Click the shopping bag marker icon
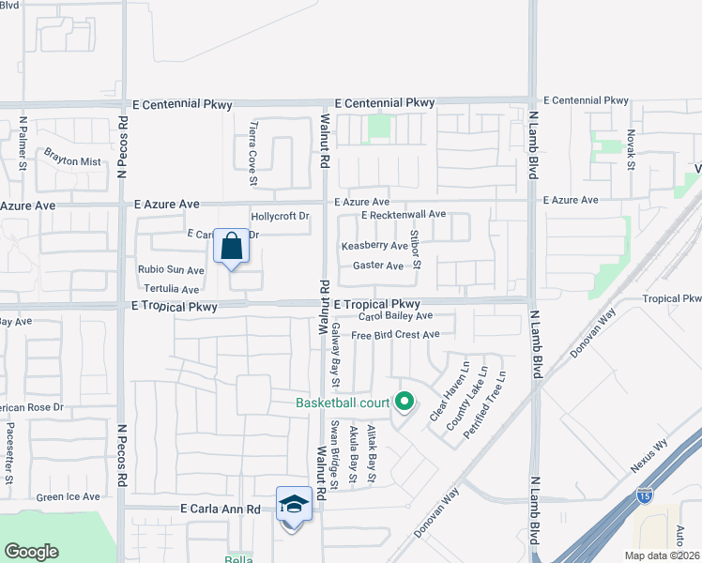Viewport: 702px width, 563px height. pos(232,247)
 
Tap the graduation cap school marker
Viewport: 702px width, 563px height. pos(294,505)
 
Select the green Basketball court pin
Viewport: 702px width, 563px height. pos(404,402)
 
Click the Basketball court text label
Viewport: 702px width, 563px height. pos(343,403)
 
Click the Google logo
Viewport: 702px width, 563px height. pos(31,552)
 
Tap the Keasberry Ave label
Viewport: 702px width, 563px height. pos(374,246)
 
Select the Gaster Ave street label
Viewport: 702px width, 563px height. pos(377,266)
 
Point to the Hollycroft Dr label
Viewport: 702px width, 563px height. pos(280,216)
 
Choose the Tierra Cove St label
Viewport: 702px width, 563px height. pos(252,152)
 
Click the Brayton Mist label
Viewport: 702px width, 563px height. pos(72,161)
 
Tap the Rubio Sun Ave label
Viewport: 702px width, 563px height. pos(171,270)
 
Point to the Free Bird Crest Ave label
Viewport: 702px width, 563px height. pos(395,335)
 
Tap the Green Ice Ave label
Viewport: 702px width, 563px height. pos(68,497)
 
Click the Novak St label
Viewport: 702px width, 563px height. pos(632,150)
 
